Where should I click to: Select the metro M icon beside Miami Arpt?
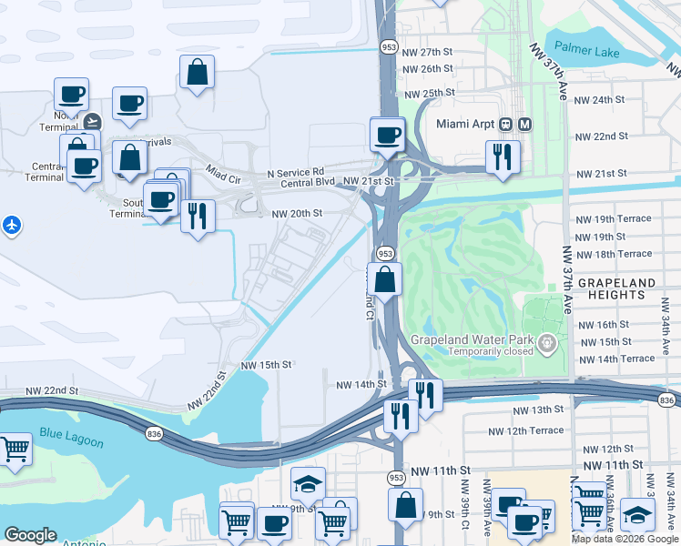(x=525, y=124)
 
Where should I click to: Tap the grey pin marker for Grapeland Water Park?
(x=547, y=343)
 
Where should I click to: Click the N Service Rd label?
(x=296, y=172)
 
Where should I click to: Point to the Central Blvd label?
(x=310, y=183)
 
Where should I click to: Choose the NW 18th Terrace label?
(x=614, y=254)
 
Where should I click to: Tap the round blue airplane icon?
(x=11, y=224)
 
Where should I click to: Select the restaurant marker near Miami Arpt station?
(x=502, y=156)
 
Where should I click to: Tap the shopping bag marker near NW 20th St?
(x=386, y=278)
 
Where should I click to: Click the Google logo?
(x=30, y=536)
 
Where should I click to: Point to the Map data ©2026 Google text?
(x=625, y=539)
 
